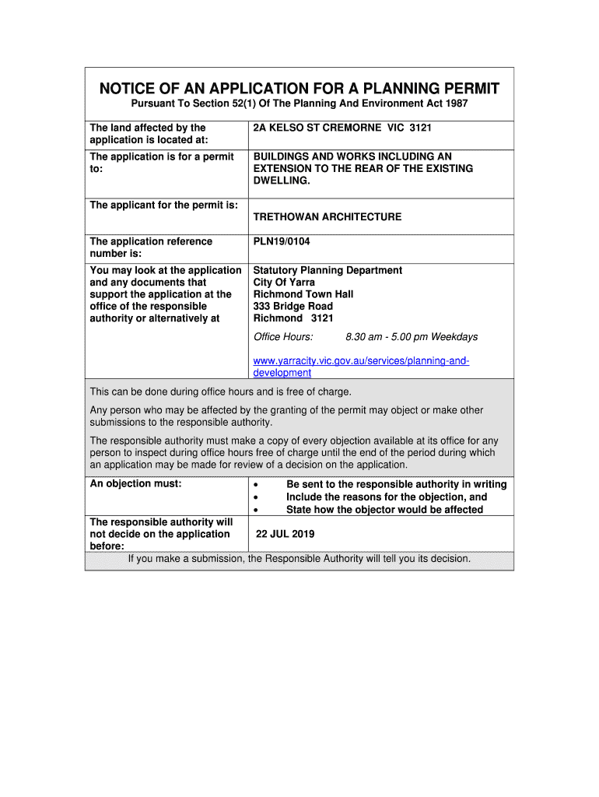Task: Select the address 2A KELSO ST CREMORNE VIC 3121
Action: (342, 128)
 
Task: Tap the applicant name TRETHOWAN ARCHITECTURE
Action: (328, 216)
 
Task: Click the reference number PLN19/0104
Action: (282, 242)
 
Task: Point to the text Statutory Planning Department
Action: (328, 270)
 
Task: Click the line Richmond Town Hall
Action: (303, 294)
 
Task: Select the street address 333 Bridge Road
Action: (293, 307)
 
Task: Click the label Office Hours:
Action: (283, 337)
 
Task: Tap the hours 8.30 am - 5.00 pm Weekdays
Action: (412, 337)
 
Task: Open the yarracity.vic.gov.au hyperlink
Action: (361, 361)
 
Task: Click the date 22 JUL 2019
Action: (285, 535)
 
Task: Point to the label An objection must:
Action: (136, 484)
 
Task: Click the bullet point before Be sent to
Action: (256, 485)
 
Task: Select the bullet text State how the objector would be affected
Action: (384, 510)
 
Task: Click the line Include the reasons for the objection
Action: (387, 497)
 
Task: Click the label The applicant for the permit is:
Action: (164, 205)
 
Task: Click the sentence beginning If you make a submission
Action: (299, 559)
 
